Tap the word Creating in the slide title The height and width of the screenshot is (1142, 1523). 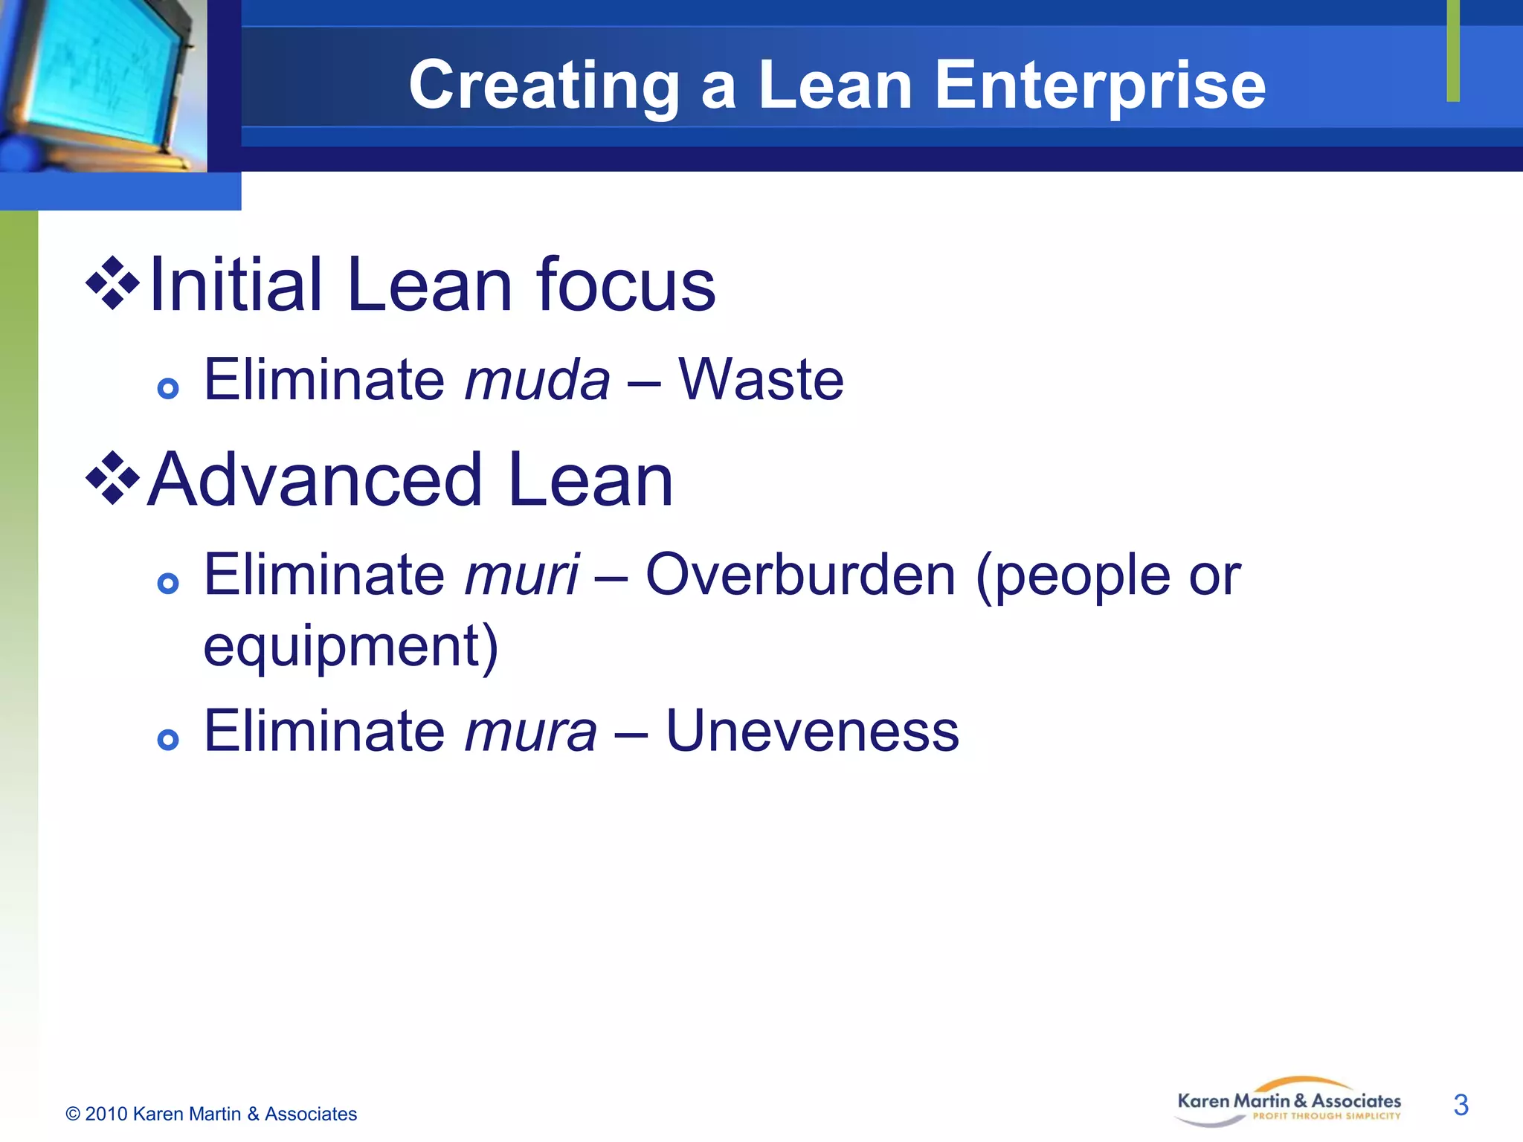544,86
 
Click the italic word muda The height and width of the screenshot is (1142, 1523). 537,380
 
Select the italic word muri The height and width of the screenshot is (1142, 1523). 521,575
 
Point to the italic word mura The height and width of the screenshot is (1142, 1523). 530,731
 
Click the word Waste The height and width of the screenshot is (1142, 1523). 761,380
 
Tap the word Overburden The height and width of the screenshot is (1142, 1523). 800,575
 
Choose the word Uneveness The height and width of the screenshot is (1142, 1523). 812,731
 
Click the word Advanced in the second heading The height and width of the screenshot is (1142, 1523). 315,480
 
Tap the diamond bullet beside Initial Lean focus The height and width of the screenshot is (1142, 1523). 113,283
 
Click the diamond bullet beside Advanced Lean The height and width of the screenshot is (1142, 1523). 113,478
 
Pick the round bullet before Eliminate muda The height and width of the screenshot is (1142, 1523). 169,388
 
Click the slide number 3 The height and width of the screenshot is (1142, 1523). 1461,1105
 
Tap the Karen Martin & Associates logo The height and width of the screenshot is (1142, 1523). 1288,1103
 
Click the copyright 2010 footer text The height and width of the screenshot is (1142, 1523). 211,1114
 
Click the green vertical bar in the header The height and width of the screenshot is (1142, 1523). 1453,51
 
